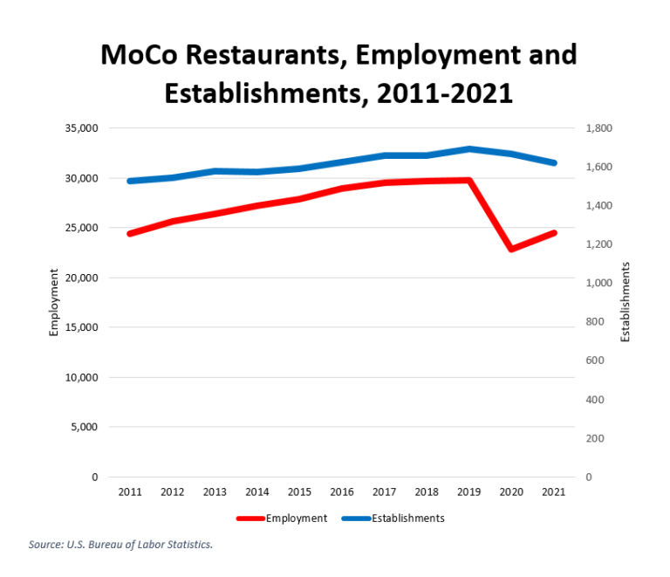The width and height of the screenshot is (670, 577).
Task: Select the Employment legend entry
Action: [x=296, y=518]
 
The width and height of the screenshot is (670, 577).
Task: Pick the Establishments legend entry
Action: [x=408, y=518]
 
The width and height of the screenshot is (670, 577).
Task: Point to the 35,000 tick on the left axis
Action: [x=81, y=128]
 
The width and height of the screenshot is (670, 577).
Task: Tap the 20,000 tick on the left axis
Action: [x=81, y=278]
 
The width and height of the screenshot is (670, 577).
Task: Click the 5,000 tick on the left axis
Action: [x=85, y=427]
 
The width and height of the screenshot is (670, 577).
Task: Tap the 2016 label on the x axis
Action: [x=342, y=492]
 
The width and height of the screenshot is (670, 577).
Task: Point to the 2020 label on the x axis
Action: [x=512, y=492]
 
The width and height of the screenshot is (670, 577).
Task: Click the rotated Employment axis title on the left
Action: [x=54, y=302]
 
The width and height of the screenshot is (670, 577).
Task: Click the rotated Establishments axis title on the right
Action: [x=625, y=302]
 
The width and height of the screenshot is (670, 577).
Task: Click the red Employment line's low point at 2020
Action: [x=512, y=249]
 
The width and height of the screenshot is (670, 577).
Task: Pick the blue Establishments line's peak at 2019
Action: [x=469, y=148]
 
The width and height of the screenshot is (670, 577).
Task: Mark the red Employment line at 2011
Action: [x=129, y=234]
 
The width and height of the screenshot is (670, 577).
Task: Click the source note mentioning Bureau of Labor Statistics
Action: [x=120, y=544]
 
